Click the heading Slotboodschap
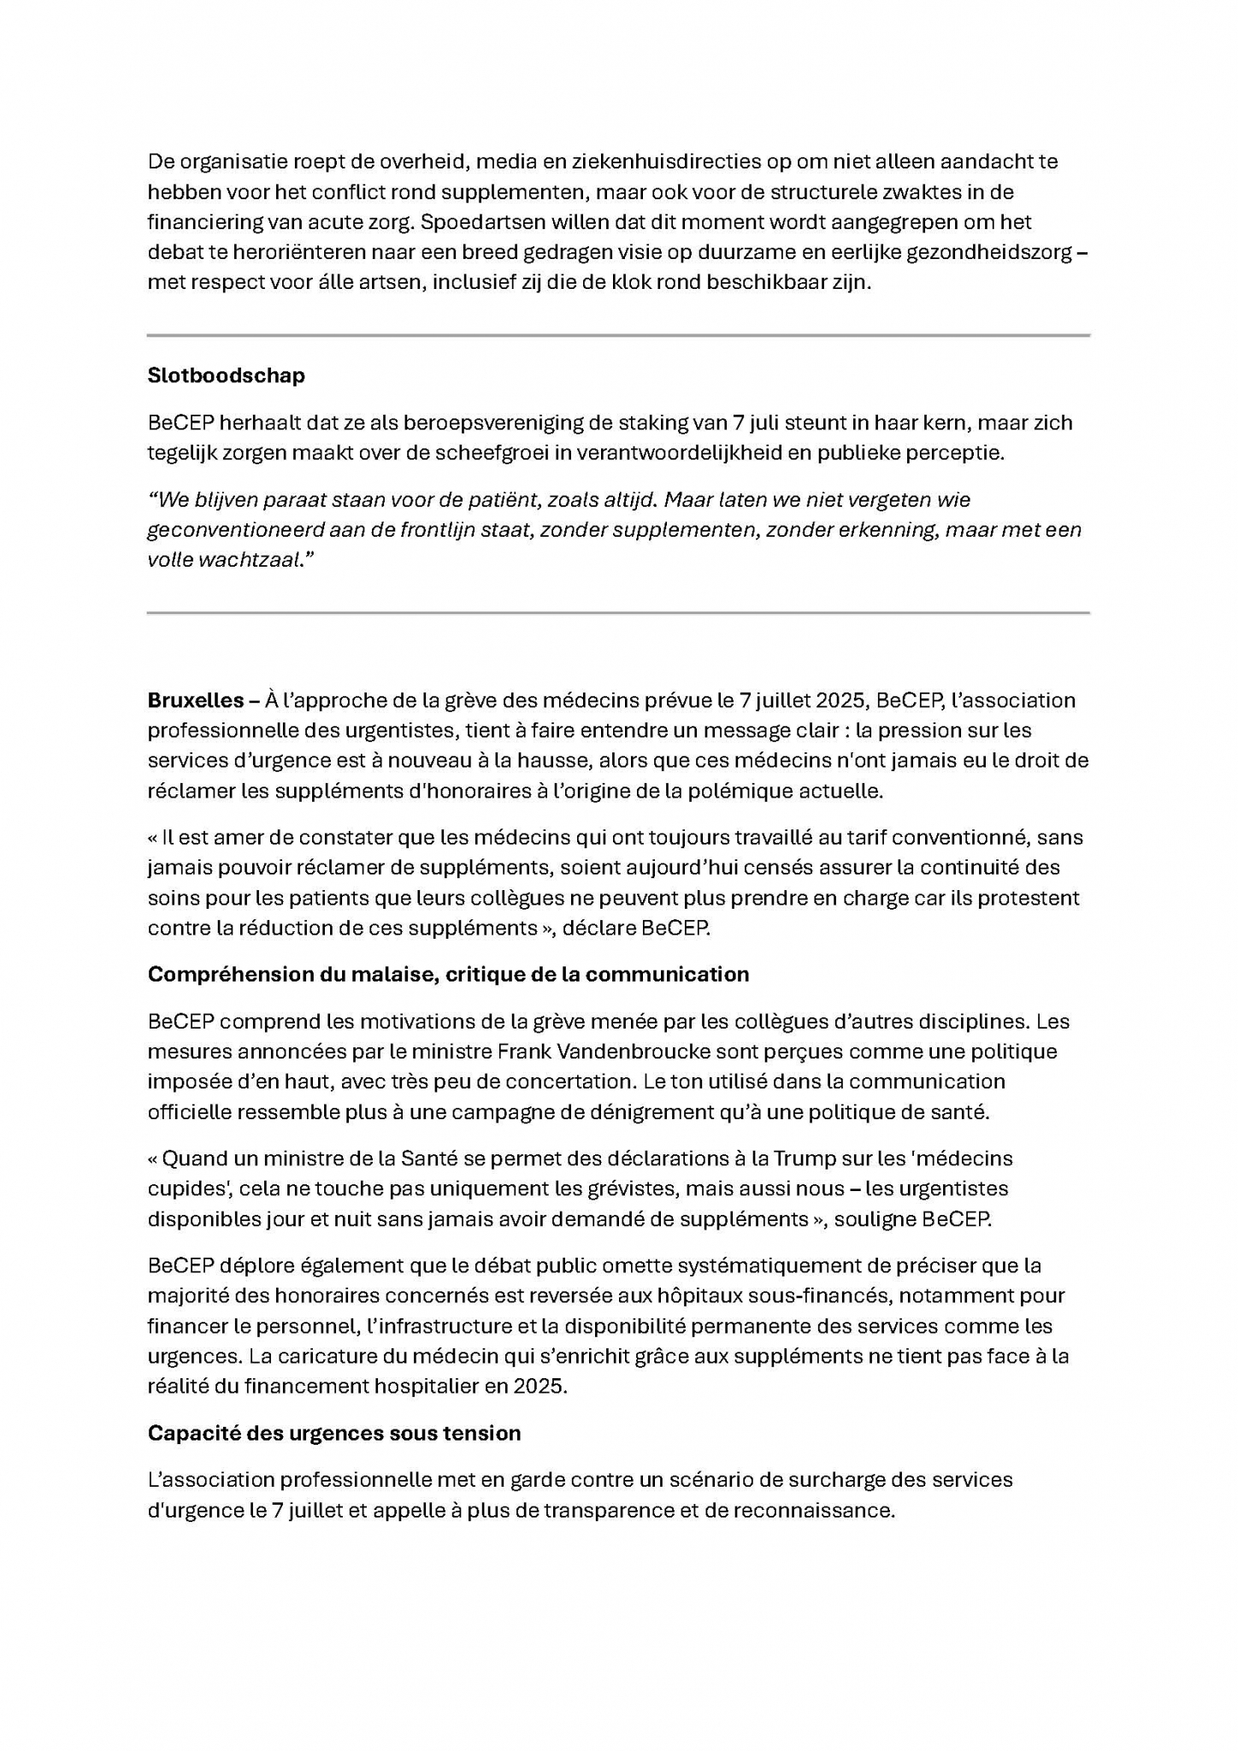226,375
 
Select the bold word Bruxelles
196,700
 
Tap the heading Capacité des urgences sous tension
334,1433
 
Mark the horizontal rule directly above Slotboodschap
618,335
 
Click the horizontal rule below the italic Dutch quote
618,613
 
